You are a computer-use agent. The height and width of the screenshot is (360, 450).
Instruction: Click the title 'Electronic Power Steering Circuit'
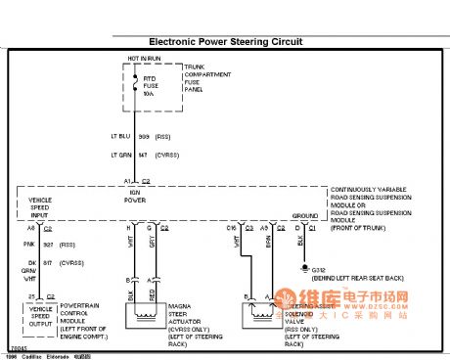[x=225, y=42]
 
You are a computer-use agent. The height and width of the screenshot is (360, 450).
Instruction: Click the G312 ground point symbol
[x=305, y=267]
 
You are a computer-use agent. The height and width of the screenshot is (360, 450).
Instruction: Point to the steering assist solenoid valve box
[x=263, y=314]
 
